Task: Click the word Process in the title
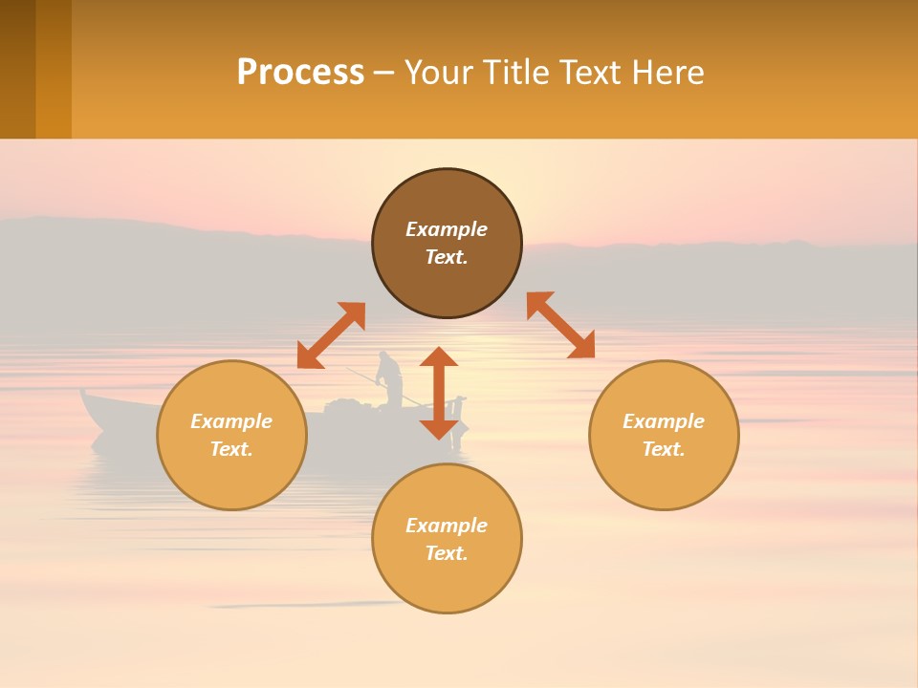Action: coord(300,73)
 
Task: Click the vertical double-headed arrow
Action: coord(439,393)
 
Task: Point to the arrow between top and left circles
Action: coord(331,335)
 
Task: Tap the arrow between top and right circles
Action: coord(560,325)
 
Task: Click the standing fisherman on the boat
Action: coord(389,378)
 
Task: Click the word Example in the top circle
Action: coord(447,229)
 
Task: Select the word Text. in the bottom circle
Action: coord(447,553)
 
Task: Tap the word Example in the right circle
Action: coord(664,421)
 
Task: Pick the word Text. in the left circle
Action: coord(231,449)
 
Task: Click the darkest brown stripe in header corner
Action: coord(17,69)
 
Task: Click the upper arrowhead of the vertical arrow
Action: coord(439,358)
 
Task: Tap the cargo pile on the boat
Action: coord(342,408)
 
